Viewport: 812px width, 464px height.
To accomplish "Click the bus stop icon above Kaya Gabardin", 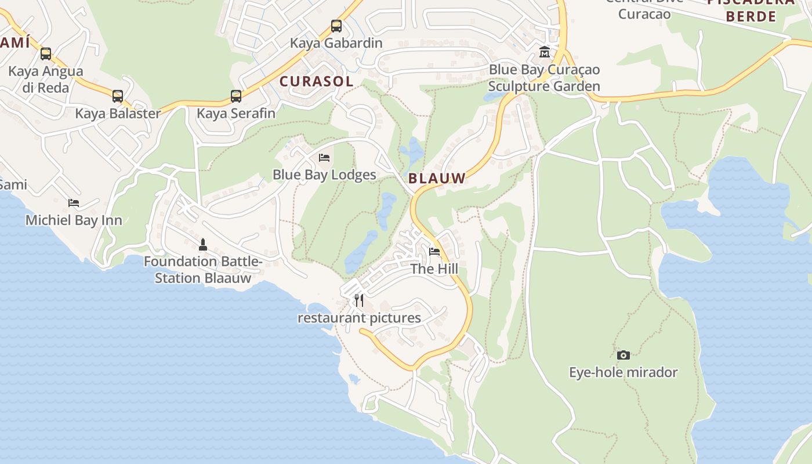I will [336, 26].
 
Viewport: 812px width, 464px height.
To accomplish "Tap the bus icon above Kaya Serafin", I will [236, 96].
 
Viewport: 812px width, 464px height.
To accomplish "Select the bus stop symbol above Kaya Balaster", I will [118, 96].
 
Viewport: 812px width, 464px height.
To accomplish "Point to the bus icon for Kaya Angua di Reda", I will [46, 54].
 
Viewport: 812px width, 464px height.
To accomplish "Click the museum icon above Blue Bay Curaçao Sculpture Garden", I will [545, 52].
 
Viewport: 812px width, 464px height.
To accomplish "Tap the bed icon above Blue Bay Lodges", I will [324, 158].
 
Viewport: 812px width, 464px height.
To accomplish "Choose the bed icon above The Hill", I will [434, 252].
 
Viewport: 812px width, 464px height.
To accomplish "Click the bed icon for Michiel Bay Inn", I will [74, 203].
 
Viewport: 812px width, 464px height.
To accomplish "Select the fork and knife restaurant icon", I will [359, 300].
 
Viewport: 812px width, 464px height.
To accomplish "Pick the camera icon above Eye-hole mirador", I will [623, 355].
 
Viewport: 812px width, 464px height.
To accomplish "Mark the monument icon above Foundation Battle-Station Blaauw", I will [203, 244].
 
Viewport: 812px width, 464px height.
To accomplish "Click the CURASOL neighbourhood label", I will [316, 81].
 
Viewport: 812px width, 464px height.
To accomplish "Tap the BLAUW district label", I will [437, 178].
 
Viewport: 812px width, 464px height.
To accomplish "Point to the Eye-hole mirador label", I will [623, 372].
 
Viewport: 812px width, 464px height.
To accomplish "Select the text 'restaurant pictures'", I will [359, 318].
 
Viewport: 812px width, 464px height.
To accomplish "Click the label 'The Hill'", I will [434, 269].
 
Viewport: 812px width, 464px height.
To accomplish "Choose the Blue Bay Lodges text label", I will [324, 175].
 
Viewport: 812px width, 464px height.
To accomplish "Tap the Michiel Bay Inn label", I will [74, 220].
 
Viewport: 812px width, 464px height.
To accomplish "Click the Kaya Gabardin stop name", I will [336, 43].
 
